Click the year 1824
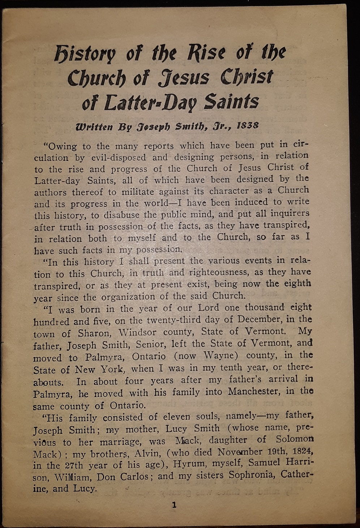[x=299, y=451]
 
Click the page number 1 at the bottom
[x=174, y=505]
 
